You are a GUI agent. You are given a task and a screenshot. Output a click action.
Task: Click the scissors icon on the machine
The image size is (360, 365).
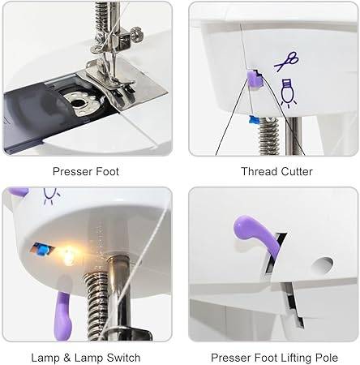coord(285,62)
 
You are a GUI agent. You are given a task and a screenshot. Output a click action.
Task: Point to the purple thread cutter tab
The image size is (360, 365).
coord(252,79)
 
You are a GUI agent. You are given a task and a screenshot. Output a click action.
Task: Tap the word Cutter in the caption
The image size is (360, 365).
coord(295,171)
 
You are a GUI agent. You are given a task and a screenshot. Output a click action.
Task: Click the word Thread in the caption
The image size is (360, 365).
coord(258,171)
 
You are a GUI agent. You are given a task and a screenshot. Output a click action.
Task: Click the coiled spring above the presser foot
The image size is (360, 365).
coord(102,19)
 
